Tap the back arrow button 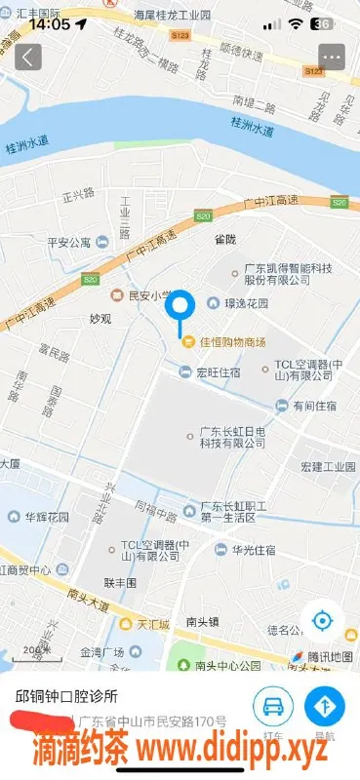[27, 58]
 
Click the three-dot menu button [332, 58]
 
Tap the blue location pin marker [180, 311]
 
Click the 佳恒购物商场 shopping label [226, 341]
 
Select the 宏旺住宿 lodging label [219, 370]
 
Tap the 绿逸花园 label [246, 303]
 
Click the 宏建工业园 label [327, 467]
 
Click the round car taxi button [273, 705]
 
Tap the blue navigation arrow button [324, 705]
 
